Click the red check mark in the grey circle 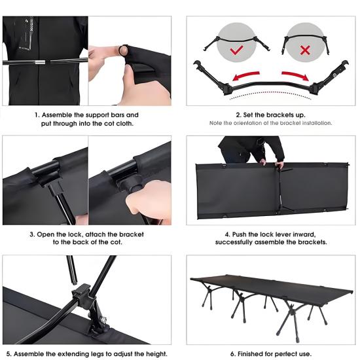[x=236, y=50]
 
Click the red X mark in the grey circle [x=305, y=50]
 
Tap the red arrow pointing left [x=245, y=76]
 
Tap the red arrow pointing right [x=295, y=76]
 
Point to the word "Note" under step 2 [x=215, y=123]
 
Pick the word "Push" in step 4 [x=239, y=234]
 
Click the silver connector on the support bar [x=41, y=62]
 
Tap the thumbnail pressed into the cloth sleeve [x=124, y=50]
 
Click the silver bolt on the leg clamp [x=103, y=319]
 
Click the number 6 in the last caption [x=232, y=354]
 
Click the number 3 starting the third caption [x=31, y=235]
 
